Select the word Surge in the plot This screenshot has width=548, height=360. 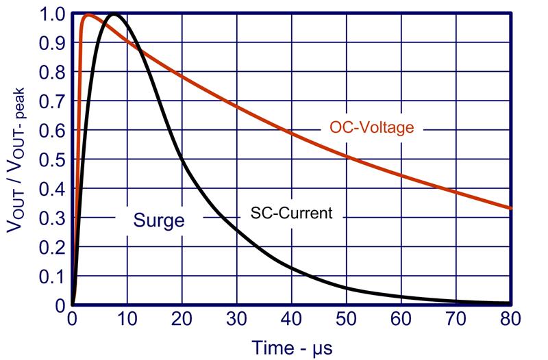click(158, 220)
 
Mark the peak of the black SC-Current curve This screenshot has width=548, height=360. click(114, 14)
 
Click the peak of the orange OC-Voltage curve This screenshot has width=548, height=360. click(88, 14)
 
